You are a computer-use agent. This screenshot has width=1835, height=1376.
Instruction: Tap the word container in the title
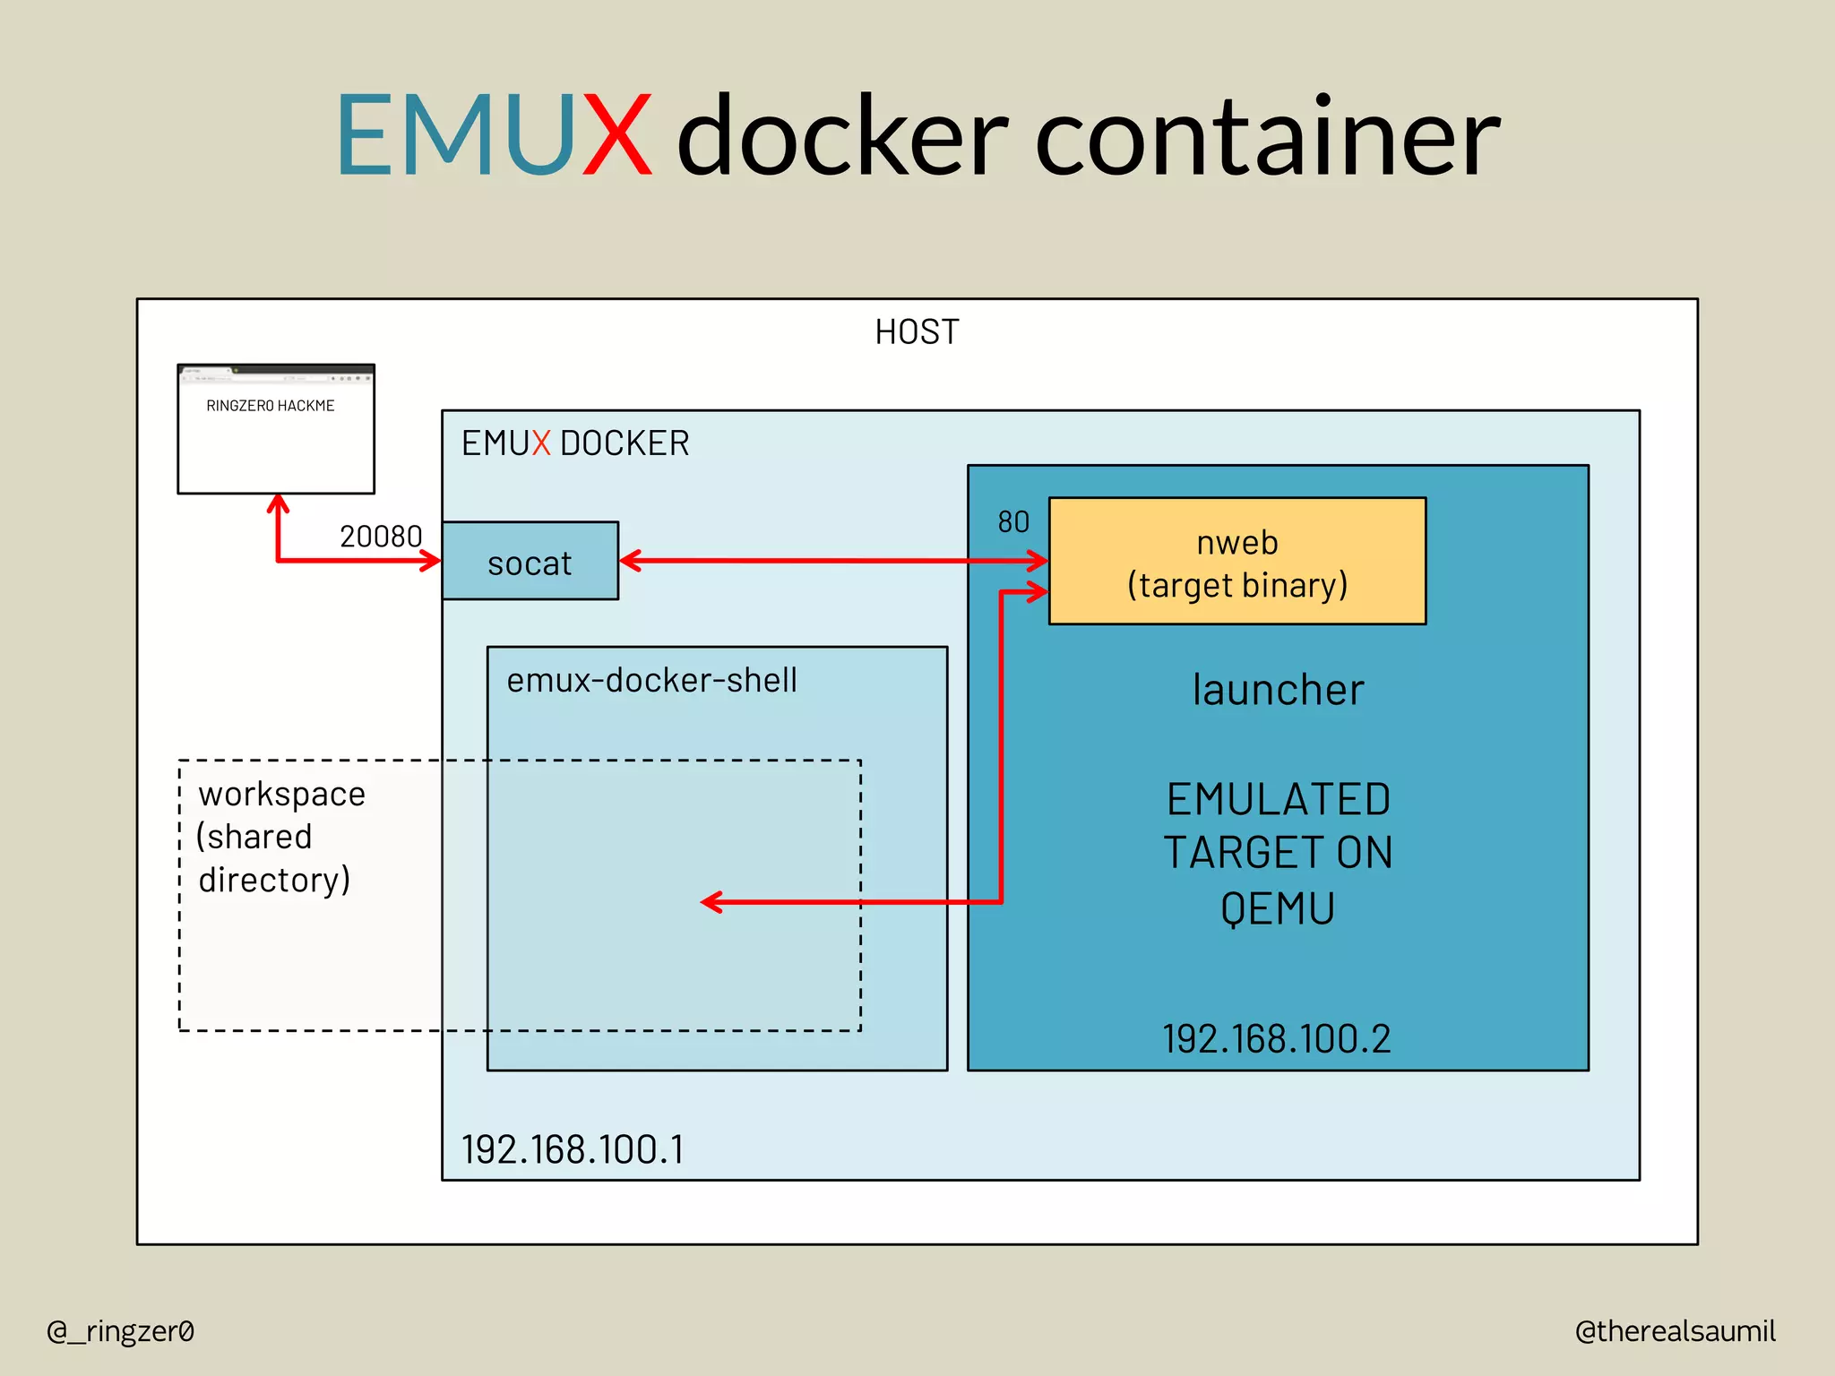(1267, 136)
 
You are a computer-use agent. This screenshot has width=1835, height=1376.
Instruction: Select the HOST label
(917, 332)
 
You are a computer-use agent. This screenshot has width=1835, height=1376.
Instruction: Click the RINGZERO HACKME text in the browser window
(270, 406)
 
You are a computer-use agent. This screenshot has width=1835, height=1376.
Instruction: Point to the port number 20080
(381, 537)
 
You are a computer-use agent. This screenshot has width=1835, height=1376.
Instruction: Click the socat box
(530, 562)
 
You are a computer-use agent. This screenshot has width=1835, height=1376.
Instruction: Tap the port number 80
(1013, 521)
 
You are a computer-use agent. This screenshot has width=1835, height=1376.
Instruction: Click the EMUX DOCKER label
(575, 443)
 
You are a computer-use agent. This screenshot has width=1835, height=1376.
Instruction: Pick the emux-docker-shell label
(651, 681)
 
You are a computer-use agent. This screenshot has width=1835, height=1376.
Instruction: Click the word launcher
(1278, 691)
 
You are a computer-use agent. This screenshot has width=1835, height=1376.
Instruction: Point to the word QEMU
(1278, 908)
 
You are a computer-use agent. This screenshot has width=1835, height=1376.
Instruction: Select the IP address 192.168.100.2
(1277, 1039)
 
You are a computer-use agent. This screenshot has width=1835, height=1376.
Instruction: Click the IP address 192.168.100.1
(573, 1150)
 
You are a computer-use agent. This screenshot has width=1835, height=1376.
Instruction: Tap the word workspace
(281, 795)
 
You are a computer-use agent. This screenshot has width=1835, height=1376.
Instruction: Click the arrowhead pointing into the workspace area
(711, 902)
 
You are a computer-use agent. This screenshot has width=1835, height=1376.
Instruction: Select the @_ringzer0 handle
(120, 1331)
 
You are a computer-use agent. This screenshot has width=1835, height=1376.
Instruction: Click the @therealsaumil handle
(1675, 1331)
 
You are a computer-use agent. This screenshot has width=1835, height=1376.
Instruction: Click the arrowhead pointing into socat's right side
(628, 561)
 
